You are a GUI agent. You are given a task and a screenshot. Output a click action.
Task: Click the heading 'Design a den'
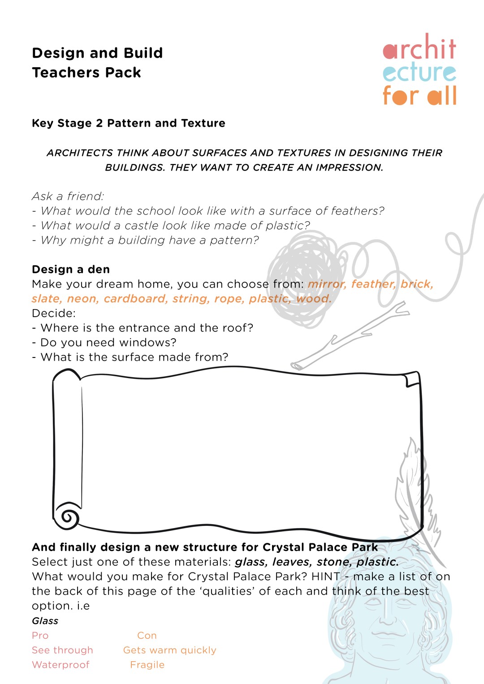(71, 269)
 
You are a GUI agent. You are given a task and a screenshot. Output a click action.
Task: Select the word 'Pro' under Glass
(40, 636)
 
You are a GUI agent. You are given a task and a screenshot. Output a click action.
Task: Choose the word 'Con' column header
(147, 636)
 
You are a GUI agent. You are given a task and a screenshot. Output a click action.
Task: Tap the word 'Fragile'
(147, 665)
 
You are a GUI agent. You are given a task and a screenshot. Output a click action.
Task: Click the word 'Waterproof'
(60, 665)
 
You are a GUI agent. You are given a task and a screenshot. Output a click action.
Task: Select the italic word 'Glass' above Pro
(45, 621)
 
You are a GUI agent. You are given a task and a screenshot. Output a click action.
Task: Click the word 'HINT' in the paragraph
(326, 576)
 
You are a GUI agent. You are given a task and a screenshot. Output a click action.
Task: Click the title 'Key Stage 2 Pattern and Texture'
(129, 123)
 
